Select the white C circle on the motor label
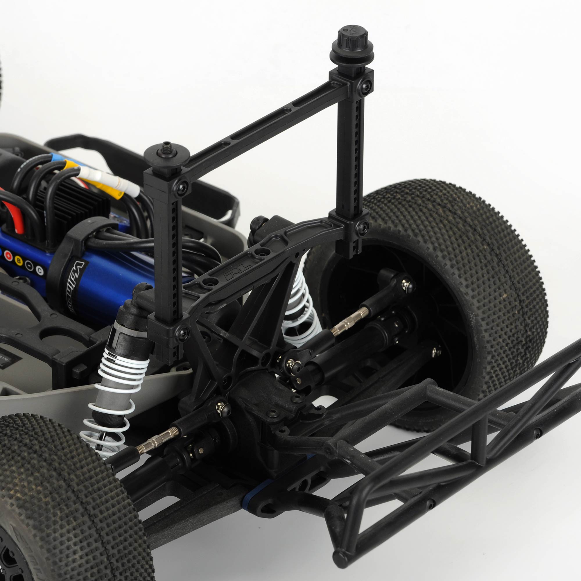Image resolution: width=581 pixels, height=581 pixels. pos(40,271)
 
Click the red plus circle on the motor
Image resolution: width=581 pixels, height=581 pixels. pos(8,256)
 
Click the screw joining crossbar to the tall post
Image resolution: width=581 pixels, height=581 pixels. pos(365,87)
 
